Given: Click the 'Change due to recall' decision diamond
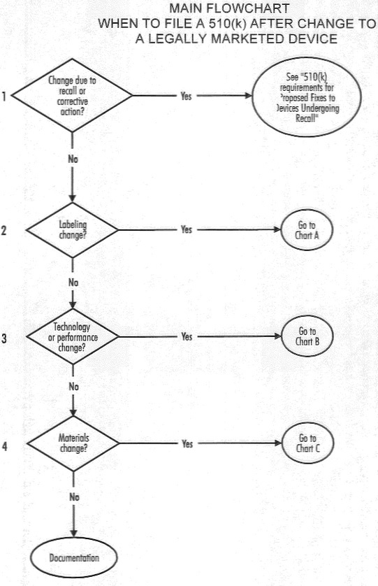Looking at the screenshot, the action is coord(72,95).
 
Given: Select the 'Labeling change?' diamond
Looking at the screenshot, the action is coord(73,230).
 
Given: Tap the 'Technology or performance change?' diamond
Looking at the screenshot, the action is coord(73,336).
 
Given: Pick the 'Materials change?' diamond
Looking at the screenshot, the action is coord(73,443).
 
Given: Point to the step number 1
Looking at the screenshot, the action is coord(3,97).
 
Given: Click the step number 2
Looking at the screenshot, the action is coord(3,230).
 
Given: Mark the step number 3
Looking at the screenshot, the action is coord(4,338).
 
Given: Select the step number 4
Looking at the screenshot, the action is coord(4,446).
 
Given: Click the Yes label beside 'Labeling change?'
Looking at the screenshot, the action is coord(186,229).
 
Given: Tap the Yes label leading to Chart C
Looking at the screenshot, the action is coord(187,443).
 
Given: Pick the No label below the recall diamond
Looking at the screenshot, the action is coord(73,159).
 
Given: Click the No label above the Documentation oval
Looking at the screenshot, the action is coord(74,497).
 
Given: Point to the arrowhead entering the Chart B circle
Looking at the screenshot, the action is coord(277,336).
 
